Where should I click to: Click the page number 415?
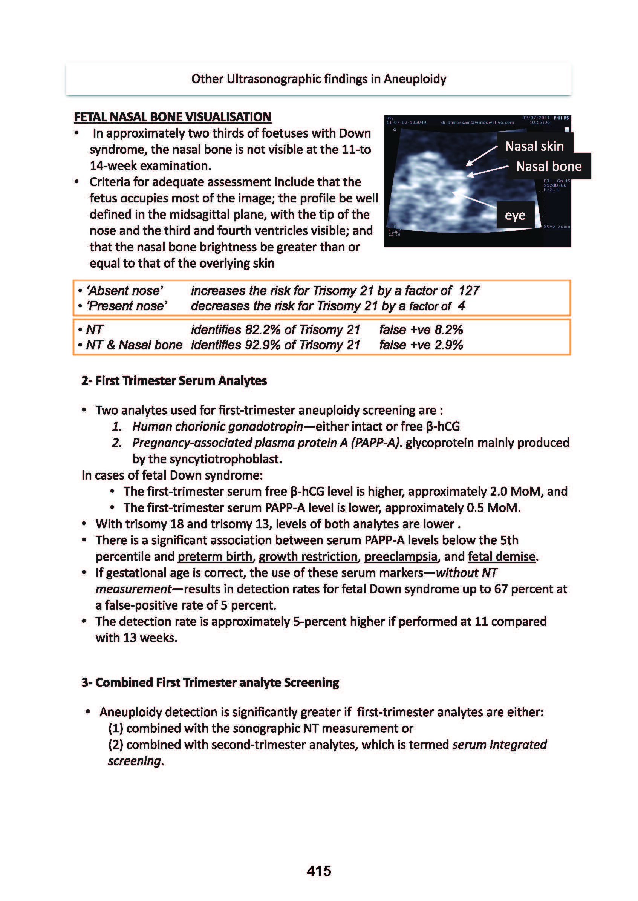318,871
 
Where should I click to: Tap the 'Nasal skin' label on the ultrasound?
534,146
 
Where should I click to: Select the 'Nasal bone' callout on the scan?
548,167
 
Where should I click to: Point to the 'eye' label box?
515,215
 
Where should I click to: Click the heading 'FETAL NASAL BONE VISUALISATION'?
173,117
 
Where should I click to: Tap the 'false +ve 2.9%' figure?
421,345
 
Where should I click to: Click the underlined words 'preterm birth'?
215,556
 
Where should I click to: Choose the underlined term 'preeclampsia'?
400,556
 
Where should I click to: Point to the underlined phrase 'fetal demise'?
501,556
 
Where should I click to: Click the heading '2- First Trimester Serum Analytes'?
174,381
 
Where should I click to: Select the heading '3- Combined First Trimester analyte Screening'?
210,682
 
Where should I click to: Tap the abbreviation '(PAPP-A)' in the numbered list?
376,443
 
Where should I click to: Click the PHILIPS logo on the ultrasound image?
561,118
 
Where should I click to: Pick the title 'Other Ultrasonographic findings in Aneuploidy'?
318,79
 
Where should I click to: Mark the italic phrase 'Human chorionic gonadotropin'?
217,426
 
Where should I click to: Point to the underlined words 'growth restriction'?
308,556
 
